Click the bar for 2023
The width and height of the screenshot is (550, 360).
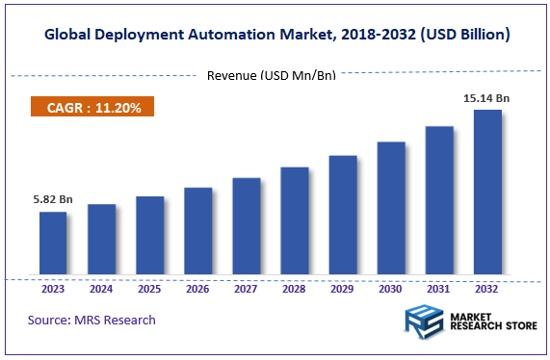coord(53,242)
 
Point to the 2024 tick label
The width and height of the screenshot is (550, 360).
coord(101,288)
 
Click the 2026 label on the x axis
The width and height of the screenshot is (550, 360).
coord(197,288)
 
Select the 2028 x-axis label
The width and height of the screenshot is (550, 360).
coord(295,288)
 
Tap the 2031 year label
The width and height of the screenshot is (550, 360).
coord(439,288)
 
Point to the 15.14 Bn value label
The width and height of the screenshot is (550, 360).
coord(487,97)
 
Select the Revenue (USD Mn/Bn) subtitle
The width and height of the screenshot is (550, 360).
coord(272,75)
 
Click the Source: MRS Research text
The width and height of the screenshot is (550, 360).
coord(92,320)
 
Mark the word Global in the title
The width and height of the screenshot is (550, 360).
coord(70,35)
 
